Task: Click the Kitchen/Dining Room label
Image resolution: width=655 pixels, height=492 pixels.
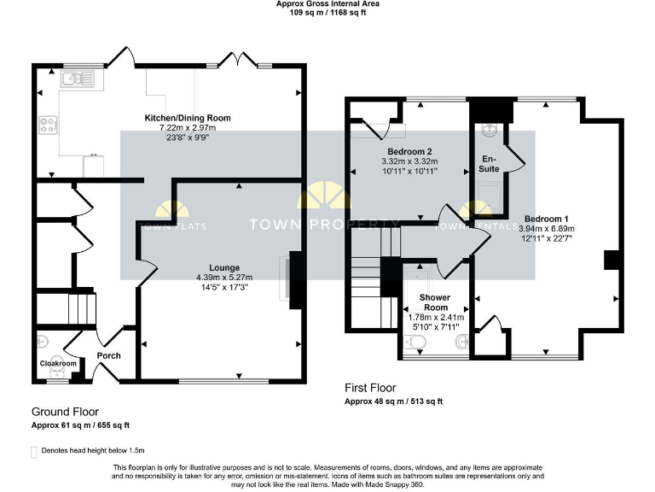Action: tap(188, 118)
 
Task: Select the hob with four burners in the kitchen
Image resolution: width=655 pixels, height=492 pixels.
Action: tap(47, 125)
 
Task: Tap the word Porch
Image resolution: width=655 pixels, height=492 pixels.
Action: tap(109, 355)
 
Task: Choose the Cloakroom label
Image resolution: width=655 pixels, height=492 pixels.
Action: tap(58, 364)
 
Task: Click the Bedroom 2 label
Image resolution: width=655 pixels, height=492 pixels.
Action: tap(409, 152)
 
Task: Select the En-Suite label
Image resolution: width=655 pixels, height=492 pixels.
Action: tap(490, 164)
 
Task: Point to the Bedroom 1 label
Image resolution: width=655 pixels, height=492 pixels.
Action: tap(547, 218)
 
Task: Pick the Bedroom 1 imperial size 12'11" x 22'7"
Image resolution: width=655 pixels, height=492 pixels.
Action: tap(547, 238)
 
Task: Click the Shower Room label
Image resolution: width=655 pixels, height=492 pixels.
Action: tap(434, 302)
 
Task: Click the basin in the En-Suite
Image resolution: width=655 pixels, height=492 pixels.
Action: tap(489, 130)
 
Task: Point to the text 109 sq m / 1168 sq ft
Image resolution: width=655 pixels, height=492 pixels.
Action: tap(327, 14)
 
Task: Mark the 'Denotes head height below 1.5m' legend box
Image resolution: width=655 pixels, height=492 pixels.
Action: tap(34, 450)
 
